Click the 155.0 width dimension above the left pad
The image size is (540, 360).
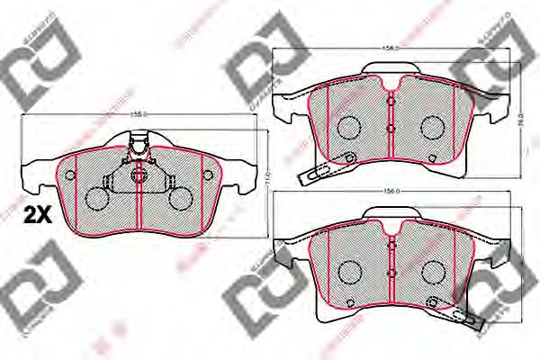139,115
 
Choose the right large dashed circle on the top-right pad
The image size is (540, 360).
434,127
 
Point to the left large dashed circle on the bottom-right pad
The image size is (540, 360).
349,270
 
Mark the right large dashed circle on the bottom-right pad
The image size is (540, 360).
434,270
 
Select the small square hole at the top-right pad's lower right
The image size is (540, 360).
434,160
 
